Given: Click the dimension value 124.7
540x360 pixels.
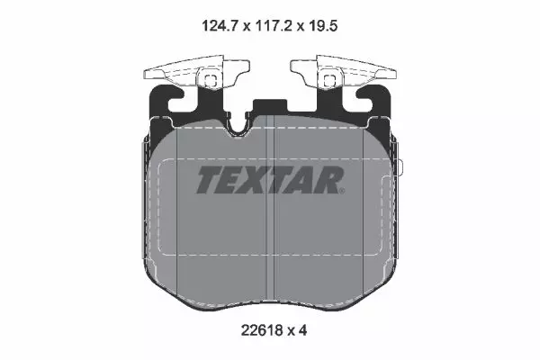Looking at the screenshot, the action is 220,26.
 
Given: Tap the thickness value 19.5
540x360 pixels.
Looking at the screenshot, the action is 323,26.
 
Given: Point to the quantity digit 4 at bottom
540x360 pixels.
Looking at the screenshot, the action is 302,330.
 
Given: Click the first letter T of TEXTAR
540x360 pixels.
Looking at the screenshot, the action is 210,179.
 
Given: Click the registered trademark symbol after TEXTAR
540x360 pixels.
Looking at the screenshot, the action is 342,191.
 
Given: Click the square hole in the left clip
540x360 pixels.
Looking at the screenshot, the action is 211,81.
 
